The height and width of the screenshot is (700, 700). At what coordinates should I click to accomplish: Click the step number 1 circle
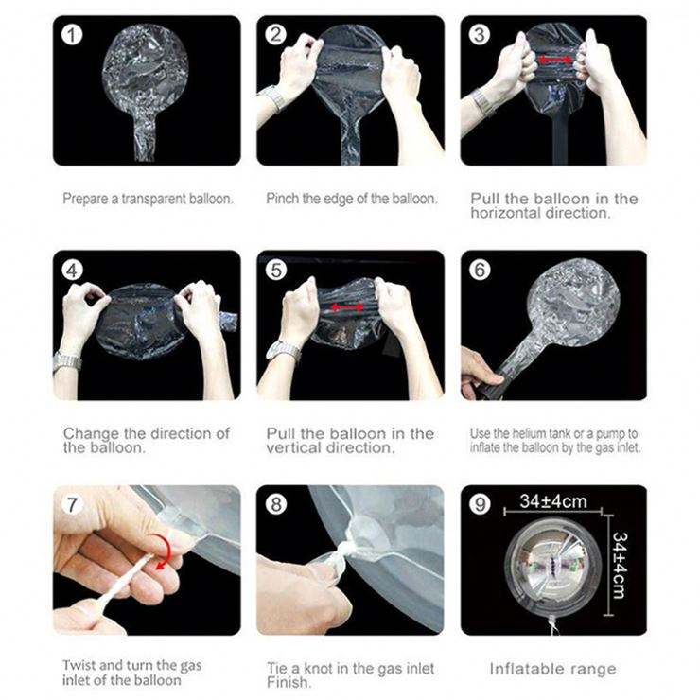72,35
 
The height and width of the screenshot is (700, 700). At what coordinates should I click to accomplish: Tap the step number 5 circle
276,270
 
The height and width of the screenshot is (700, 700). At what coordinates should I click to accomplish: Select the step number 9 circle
480,504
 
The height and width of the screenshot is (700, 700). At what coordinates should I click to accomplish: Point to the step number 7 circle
72,504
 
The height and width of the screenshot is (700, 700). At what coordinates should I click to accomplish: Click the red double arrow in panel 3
555,60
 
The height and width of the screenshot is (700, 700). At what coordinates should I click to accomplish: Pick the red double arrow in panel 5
347,307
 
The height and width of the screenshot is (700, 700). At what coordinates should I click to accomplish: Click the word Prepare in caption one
85,199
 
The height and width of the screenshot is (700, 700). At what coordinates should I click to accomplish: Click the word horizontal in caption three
504,213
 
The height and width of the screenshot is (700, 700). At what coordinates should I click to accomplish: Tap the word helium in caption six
529,433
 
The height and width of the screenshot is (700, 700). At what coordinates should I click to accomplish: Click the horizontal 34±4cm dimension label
553,501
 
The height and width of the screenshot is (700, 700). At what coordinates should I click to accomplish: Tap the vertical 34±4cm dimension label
620,565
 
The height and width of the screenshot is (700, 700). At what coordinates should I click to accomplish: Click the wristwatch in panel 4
67,360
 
